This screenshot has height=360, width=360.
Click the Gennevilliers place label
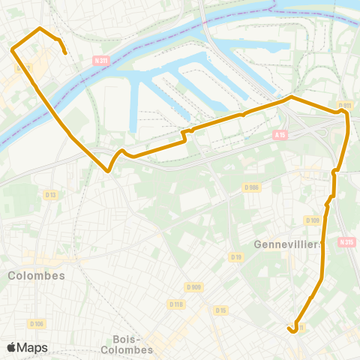pos(288,244)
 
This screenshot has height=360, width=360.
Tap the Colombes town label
pos(36,275)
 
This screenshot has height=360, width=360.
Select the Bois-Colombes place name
pos(132,343)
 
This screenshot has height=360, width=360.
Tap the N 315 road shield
pos(346,241)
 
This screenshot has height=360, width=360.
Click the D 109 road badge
pos(313,220)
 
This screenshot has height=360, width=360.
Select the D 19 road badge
pos(235,257)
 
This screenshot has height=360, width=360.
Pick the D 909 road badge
pos(193,286)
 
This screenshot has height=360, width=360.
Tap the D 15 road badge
pos(220,310)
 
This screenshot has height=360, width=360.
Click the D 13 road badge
pos(50,195)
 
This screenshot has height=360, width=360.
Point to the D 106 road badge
pos(37,323)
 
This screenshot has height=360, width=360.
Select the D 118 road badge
pos(176,304)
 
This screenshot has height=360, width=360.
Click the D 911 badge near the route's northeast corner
pos(344,106)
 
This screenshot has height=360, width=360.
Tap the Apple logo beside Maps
pos(12,347)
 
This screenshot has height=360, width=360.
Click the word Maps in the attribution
pos(32,347)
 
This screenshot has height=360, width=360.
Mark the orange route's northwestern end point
pos(66,53)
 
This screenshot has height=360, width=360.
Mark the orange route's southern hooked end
pos(289,328)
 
